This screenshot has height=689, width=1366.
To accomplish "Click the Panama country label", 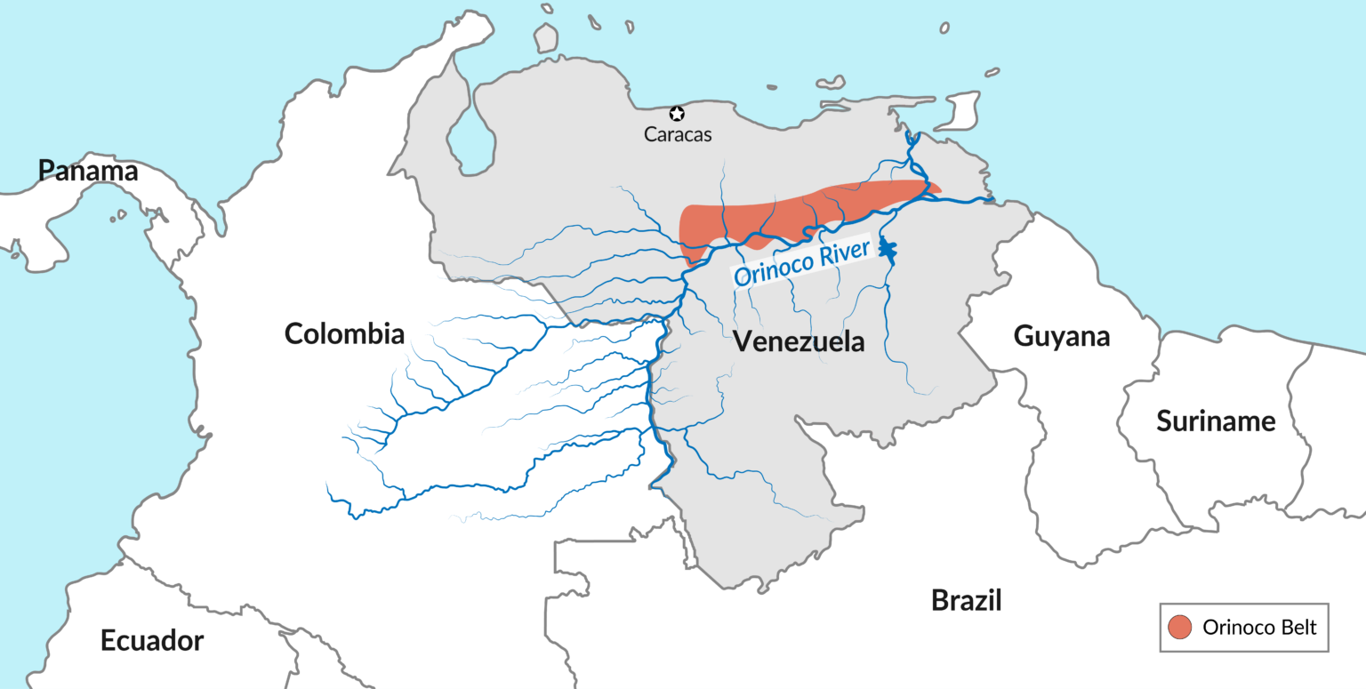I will pyautogui.click(x=88, y=171).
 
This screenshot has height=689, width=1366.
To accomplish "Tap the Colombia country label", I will pyautogui.click(x=344, y=334).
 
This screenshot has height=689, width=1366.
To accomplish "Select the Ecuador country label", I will pyautogui.click(x=152, y=640).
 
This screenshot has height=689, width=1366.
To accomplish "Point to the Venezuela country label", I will pyautogui.click(x=799, y=341).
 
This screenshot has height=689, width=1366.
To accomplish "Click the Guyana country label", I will pyautogui.click(x=1062, y=336).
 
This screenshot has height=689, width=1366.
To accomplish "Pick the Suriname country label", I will pyautogui.click(x=1216, y=421).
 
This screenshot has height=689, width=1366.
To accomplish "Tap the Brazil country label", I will pyautogui.click(x=967, y=600).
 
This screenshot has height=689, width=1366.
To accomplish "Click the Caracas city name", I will pyautogui.click(x=678, y=135).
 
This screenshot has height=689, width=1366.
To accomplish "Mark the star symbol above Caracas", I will pyautogui.click(x=677, y=114).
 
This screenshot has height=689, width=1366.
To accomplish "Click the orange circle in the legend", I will pyautogui.click(x=1180, y=627).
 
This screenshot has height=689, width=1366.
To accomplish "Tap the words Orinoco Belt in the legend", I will pyautogui.click(x=1258, y=627).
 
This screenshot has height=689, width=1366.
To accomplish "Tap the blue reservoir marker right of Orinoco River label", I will pyautogui.click(x=886, y=250).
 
